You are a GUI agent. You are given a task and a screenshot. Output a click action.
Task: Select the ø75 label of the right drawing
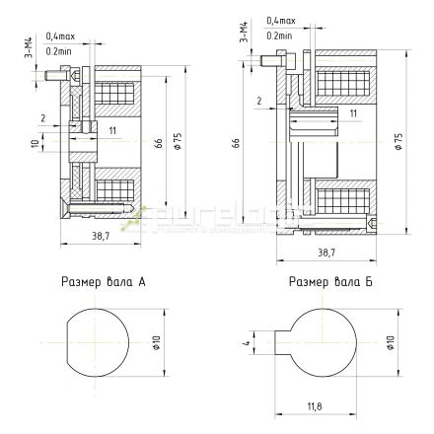(x=398, y=140)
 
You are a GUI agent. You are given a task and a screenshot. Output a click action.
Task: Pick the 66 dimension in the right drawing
(x=238, y=142)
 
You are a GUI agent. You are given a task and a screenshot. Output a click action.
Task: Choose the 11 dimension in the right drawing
(x=352, y=113)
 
